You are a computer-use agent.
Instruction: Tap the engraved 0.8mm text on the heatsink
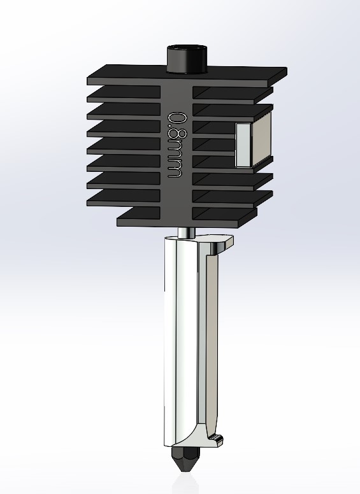click(176, 145)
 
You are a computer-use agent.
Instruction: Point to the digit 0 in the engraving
click(178, 120)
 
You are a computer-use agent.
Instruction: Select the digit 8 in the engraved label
click(177, 134)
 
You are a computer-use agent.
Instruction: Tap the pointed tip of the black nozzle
click(185, 472)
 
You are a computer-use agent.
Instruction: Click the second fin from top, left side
click(124, 94)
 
